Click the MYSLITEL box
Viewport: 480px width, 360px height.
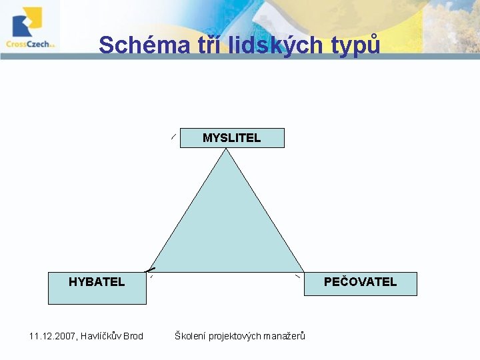click(x=232, y=138)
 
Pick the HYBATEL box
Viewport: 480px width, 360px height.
click(x=97, y=287)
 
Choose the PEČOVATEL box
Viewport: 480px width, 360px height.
click(x=360, y=283)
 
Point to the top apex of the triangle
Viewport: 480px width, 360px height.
click(x=227, y=149)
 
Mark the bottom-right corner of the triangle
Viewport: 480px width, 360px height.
click(x=304, y=271)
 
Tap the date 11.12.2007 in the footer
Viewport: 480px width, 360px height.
click(x=51, y=336)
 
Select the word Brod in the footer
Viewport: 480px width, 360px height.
click(x=133, y=336)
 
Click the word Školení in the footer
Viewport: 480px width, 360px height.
click(x=190, y=336)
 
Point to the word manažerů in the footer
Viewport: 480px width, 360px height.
click(x=284, y=336)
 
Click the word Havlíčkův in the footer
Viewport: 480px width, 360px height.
click(x=100, y=336)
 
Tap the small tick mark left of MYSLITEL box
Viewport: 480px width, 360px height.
click(x=173, y=137)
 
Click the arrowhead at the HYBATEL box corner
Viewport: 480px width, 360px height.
click(x=151, y=268)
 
